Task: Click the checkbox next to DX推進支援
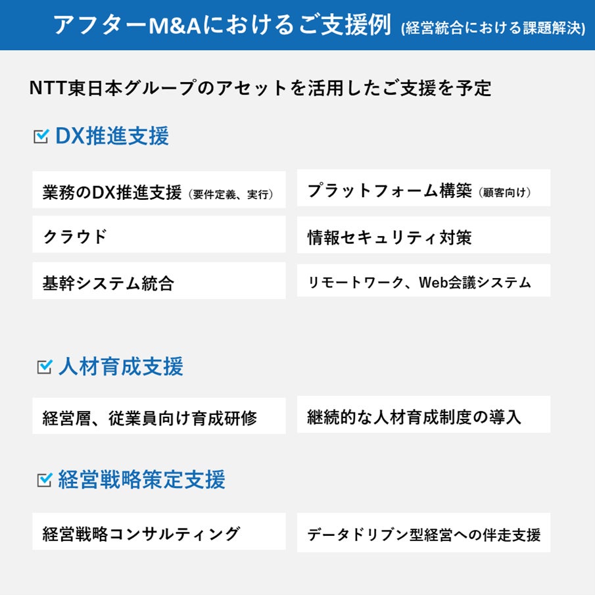[x=41, y=136]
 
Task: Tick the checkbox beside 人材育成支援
[x=44, y=367]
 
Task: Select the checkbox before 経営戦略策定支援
[x=44, y=480]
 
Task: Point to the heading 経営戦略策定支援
[x=141, y=480]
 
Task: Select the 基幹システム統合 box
[x=158, y=283]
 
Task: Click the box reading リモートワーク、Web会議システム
[x=423, y=283]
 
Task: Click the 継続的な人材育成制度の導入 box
[x=423, y=416]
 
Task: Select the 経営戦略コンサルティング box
[x=158, y=533]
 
